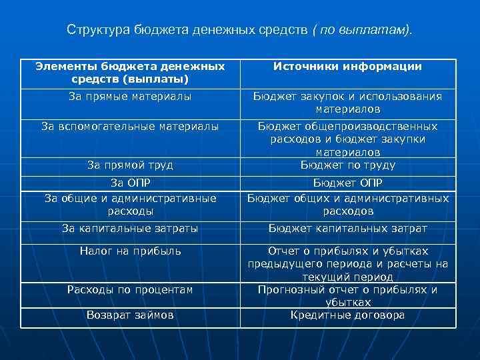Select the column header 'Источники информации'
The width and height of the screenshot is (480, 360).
click(x=347, y=67)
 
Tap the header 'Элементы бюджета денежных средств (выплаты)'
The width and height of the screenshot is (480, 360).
click(x=130, y=73)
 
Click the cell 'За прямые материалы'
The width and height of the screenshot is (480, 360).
click(x=130, y=97)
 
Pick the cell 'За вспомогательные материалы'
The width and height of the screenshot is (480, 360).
click(x=130, y=126)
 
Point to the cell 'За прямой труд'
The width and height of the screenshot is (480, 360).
click(x=130, y=165)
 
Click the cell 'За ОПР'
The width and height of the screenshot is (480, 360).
click(x=130, y=183)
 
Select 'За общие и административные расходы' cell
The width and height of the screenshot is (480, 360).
click(x=130, y=204)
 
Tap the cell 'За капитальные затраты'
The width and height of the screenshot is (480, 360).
click(x=130, y=228)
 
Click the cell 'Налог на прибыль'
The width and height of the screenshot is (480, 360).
click(x=130, y=251)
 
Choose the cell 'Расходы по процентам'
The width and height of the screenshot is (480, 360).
click(x=130, y=289)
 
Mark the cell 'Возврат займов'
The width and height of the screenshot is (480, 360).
click(x=130, y=315)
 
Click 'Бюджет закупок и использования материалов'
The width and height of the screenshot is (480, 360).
click(x=347, y=103)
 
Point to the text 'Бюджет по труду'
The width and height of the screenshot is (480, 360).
click(x=347, y=165)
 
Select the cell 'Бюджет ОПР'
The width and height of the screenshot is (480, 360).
click(x=347, y=183)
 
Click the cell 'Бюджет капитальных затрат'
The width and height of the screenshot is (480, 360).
click(x=347, y=228)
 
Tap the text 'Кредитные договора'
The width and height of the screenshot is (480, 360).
click(x=347, y=315)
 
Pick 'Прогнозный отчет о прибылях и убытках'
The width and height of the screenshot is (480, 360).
click(x=347, y=295)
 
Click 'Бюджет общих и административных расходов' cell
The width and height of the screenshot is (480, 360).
click(x=347, y=204)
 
